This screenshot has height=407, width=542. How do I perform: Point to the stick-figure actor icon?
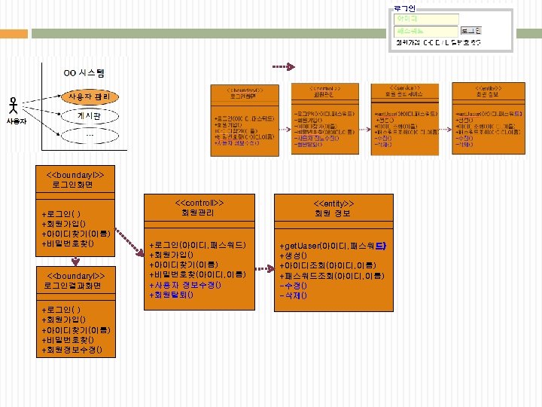coord(13,106)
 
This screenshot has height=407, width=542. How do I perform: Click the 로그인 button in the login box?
coord(470,31)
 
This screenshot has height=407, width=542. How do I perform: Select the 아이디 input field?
coord(426,18)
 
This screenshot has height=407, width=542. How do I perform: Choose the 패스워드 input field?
coord(426,31)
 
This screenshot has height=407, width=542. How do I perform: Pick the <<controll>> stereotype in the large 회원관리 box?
coord(200,203)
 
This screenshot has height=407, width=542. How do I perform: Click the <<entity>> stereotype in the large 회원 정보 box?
coord(333,203)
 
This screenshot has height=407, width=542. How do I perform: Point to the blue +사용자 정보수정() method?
coord(185,285)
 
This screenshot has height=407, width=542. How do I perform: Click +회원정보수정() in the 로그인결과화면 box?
coord(78,350)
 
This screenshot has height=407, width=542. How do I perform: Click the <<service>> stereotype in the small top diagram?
coord(405,88)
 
